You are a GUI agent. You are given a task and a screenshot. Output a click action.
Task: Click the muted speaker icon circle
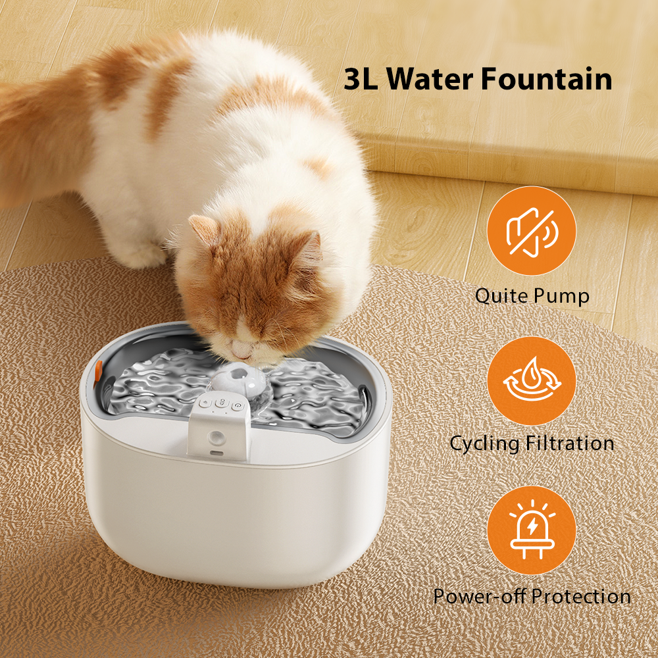(x=531, y=232)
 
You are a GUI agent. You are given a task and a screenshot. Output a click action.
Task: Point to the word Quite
(x=501, y=295)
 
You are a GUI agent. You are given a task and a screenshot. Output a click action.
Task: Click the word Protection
(x=581, y=596)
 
